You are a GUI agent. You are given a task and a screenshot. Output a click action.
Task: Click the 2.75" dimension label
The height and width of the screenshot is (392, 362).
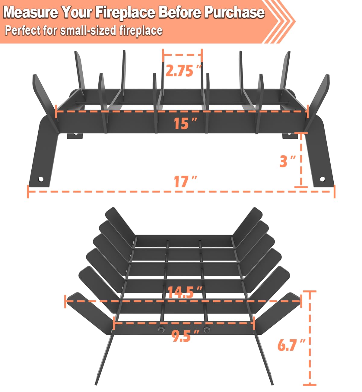point(184,71)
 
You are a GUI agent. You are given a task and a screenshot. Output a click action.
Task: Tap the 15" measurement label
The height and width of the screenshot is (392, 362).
point(185,124)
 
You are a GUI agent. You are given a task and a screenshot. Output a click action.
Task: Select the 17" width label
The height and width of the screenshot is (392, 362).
point(185,182)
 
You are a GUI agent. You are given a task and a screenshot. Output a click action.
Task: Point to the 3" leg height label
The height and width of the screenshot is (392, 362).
point(287,161)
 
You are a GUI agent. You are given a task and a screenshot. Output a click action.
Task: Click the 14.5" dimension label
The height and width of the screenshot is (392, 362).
point(185,292)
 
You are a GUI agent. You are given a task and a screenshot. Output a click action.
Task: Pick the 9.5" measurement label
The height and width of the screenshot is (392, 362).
point(185,336)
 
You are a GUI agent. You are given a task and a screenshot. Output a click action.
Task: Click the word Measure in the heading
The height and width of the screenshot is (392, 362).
point(30,12)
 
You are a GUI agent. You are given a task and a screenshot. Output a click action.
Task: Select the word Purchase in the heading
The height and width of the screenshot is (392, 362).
point(234,12)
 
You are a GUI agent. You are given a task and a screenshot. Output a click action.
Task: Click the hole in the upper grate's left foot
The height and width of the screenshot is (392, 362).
point(41,179)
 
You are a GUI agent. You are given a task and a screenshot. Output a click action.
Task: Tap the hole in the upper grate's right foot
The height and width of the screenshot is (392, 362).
point(322,179)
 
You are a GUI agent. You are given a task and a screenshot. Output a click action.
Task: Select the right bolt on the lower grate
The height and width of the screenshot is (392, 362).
point(207,329)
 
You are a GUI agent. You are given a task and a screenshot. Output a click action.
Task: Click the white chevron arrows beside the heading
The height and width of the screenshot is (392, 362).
point(279,21)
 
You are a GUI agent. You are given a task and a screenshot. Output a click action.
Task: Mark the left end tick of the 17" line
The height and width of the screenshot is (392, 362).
point(28,191)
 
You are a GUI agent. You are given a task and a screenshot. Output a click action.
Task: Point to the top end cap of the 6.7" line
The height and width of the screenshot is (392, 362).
point(310,291)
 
